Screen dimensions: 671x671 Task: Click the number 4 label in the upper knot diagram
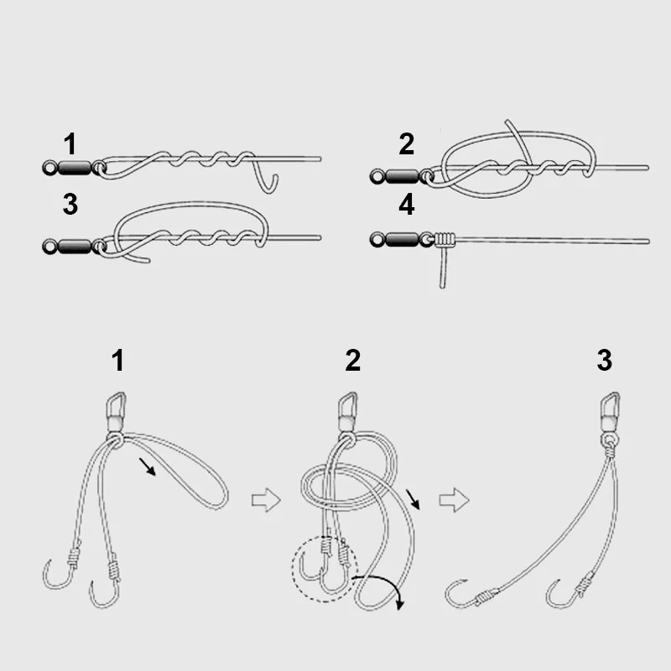coord(406,205)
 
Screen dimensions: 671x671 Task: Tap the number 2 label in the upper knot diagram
coord(406,144)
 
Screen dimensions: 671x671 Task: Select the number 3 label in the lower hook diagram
coord(604,361)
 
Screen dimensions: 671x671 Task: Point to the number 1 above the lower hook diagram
coord(117,361)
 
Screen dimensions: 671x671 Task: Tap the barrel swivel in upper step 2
coord(401,175)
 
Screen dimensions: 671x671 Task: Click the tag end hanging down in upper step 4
coord(442,270)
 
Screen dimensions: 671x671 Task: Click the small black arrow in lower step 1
coord(148,466)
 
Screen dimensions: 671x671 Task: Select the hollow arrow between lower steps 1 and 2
coord(264,501)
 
